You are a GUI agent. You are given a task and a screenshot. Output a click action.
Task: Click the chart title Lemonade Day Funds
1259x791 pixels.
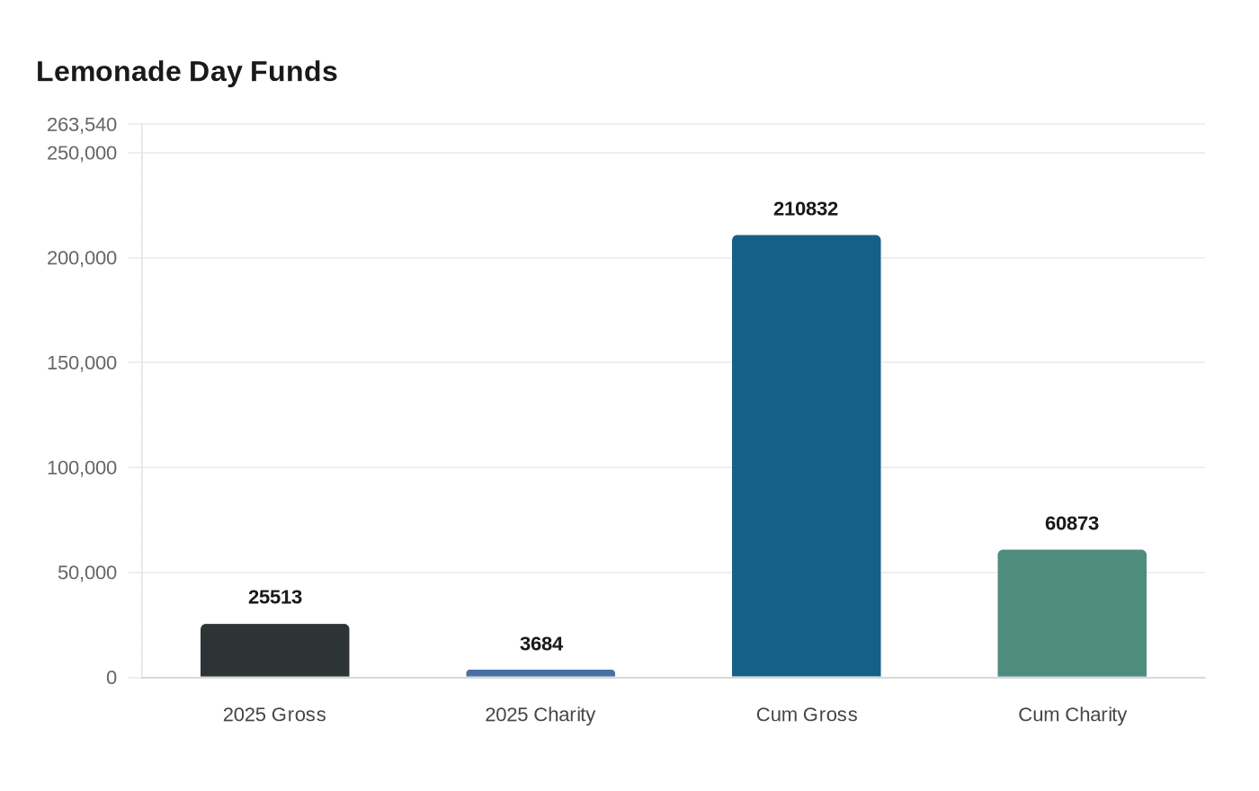click(x=187, y=71)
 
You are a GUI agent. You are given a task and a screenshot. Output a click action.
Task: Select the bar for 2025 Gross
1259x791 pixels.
click(x=274, y=650)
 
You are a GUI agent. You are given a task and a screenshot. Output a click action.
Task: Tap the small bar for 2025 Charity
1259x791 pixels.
click(x=540, y=673)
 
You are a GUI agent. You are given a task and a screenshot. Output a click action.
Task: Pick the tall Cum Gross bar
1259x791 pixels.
click(x=806, y=456)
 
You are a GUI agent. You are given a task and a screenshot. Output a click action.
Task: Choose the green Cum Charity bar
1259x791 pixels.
click(x=1072, y=613)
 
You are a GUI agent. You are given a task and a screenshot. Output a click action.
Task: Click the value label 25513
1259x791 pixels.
click(x=275, y=597)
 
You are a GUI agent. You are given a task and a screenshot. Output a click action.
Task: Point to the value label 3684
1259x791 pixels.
click(x=541, y=644)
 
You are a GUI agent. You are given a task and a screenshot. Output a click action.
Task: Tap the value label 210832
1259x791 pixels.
click(x=806, y=209)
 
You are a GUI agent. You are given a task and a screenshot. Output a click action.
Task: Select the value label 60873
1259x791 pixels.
click(x=1072, y=523)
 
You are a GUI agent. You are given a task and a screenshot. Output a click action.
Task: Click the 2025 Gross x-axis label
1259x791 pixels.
click(x=274, y=715)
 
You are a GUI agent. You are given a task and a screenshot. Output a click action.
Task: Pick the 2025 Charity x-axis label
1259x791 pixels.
click(x=540, y=715)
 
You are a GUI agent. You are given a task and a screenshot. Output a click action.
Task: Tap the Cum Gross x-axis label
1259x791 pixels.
click(x=807, y=715)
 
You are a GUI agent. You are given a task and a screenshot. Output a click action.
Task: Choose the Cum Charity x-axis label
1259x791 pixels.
click(x=1072, y=715)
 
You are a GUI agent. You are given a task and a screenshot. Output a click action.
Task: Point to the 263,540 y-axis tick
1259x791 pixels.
click(x=82, y=124)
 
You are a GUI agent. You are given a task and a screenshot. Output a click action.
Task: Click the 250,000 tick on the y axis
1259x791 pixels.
click(x=82, y=153)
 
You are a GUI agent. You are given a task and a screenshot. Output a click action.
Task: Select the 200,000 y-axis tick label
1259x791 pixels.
click(x=82, y=258)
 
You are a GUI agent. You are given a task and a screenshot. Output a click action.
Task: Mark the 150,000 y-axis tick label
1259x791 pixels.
click(x=82, y=363)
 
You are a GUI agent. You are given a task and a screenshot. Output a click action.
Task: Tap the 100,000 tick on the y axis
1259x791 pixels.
click(x=82, y=467)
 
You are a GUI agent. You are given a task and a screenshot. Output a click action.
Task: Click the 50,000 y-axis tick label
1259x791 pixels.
click(x=87, y=573)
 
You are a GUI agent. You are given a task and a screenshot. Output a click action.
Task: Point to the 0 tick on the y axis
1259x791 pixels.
click(x=112, y=678)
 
